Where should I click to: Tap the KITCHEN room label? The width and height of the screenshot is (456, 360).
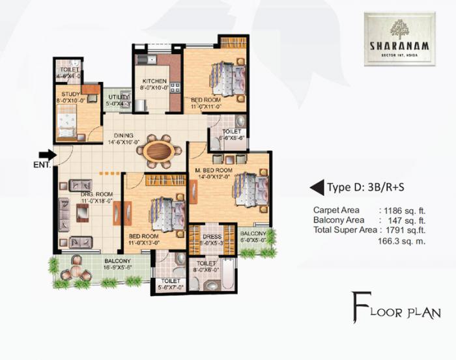coord(155,81)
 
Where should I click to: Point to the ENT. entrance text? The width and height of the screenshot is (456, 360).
coord(41,165)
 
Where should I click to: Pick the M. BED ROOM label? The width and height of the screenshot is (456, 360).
coord(215,171)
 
